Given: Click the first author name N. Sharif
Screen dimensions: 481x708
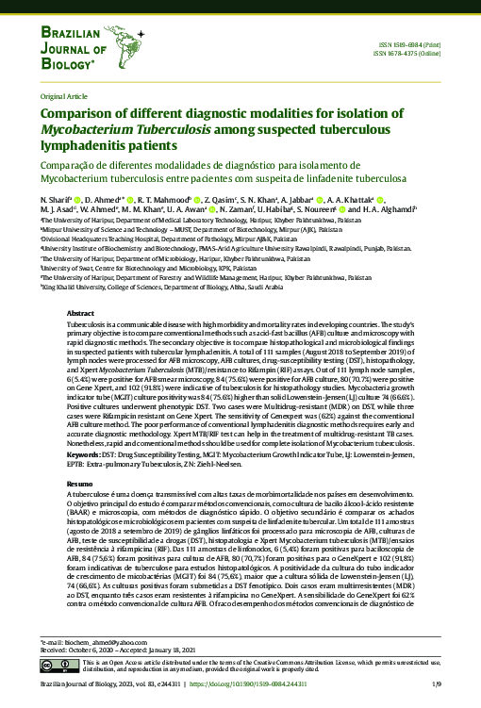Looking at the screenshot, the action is pyautogui.click(x=55, y=200).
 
